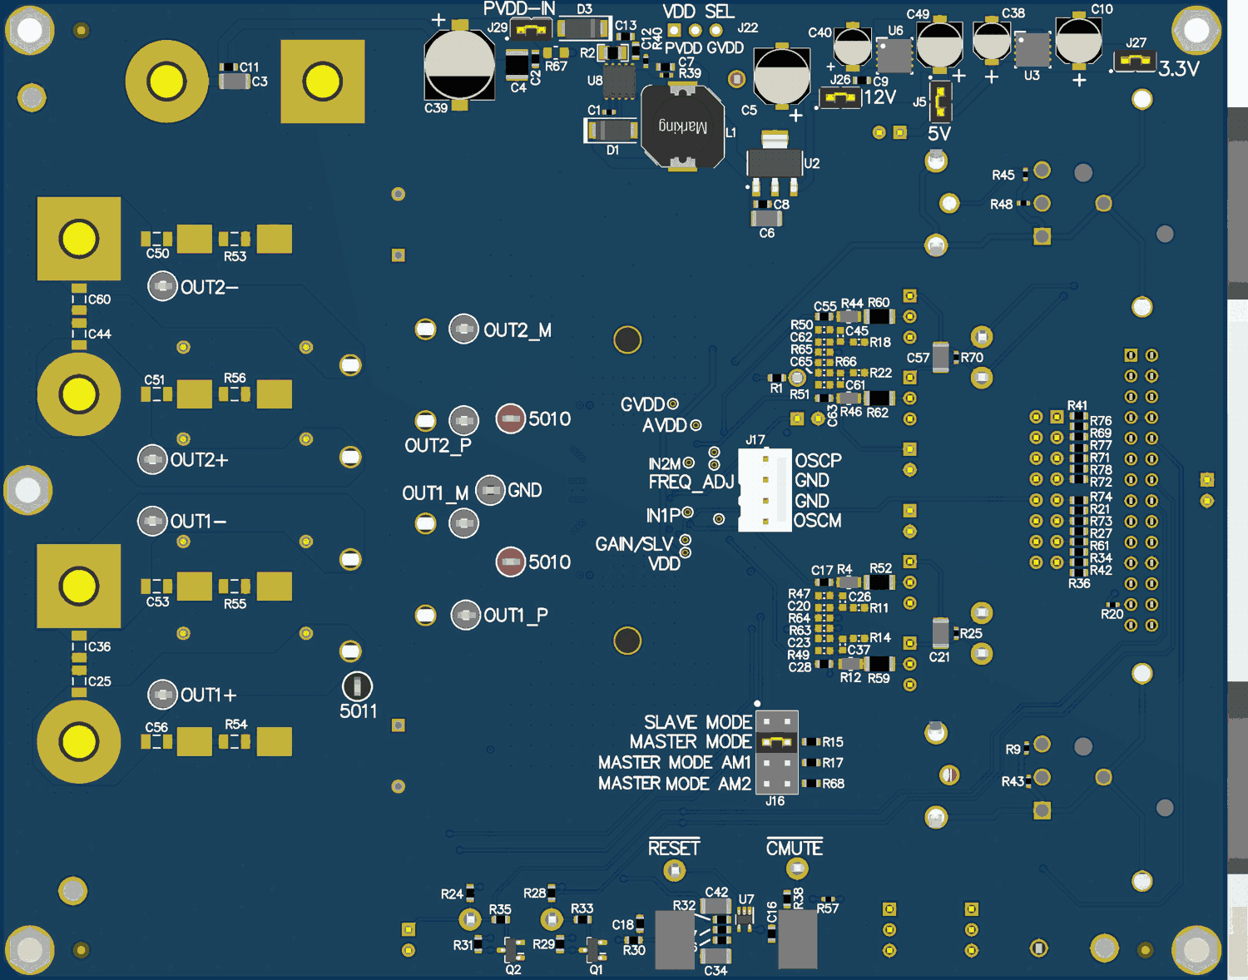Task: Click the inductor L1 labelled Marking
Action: click(x=682, y=127)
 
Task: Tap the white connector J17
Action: click(x=765, y=490)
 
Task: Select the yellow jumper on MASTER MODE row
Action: click(x=777, y=741)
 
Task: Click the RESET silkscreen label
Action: click(x=674, y=848)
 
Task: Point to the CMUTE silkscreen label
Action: click(x=795, y=848)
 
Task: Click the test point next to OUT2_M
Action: click(x=463, y=329)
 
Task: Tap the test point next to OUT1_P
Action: click(x=465, y=616)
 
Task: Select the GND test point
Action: click(x=490, y=491)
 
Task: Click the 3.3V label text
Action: click(x=1179, y=69)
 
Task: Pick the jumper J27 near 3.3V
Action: click(x=1134, y=62)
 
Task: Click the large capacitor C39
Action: click(x=459, y=67)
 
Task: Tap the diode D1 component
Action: click(x=612, y=131)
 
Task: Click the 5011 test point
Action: click(x=357, y=686)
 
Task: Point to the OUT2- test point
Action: click(x=162, y=286)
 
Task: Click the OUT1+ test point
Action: click(x=162, y=694)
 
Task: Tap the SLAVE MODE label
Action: click(x=697, y=721)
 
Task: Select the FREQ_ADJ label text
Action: click(x=691, y=483)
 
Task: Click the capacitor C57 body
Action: click(x=940, y=357)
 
